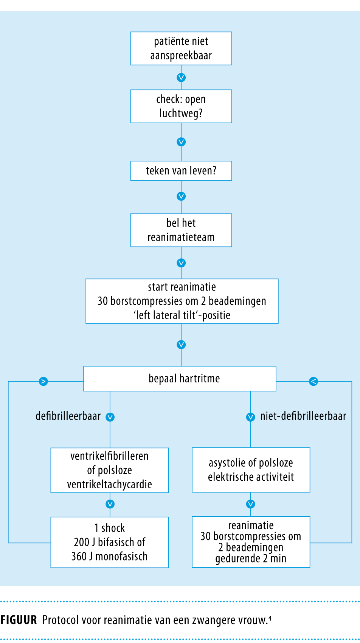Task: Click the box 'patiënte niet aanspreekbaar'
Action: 181,48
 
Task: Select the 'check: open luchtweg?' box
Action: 181,106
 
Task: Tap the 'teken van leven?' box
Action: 181,171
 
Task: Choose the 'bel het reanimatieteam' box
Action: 181,230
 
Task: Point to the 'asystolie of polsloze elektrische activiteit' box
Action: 251,470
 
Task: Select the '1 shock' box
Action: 110,542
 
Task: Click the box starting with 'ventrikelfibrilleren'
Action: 110,470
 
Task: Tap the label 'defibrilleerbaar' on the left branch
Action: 68,416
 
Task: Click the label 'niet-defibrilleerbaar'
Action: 303,416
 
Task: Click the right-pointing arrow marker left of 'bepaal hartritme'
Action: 43,381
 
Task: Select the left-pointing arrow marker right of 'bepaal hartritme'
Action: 313,381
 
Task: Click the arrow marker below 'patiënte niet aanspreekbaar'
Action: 181,78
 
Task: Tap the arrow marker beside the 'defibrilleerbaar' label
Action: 110,417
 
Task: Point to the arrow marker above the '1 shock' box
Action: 110,504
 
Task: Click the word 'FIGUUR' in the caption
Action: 19,620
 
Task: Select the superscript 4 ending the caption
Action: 270,618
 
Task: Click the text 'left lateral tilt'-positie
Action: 182,315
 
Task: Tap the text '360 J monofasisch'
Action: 110,556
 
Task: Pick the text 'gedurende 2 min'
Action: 251,558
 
